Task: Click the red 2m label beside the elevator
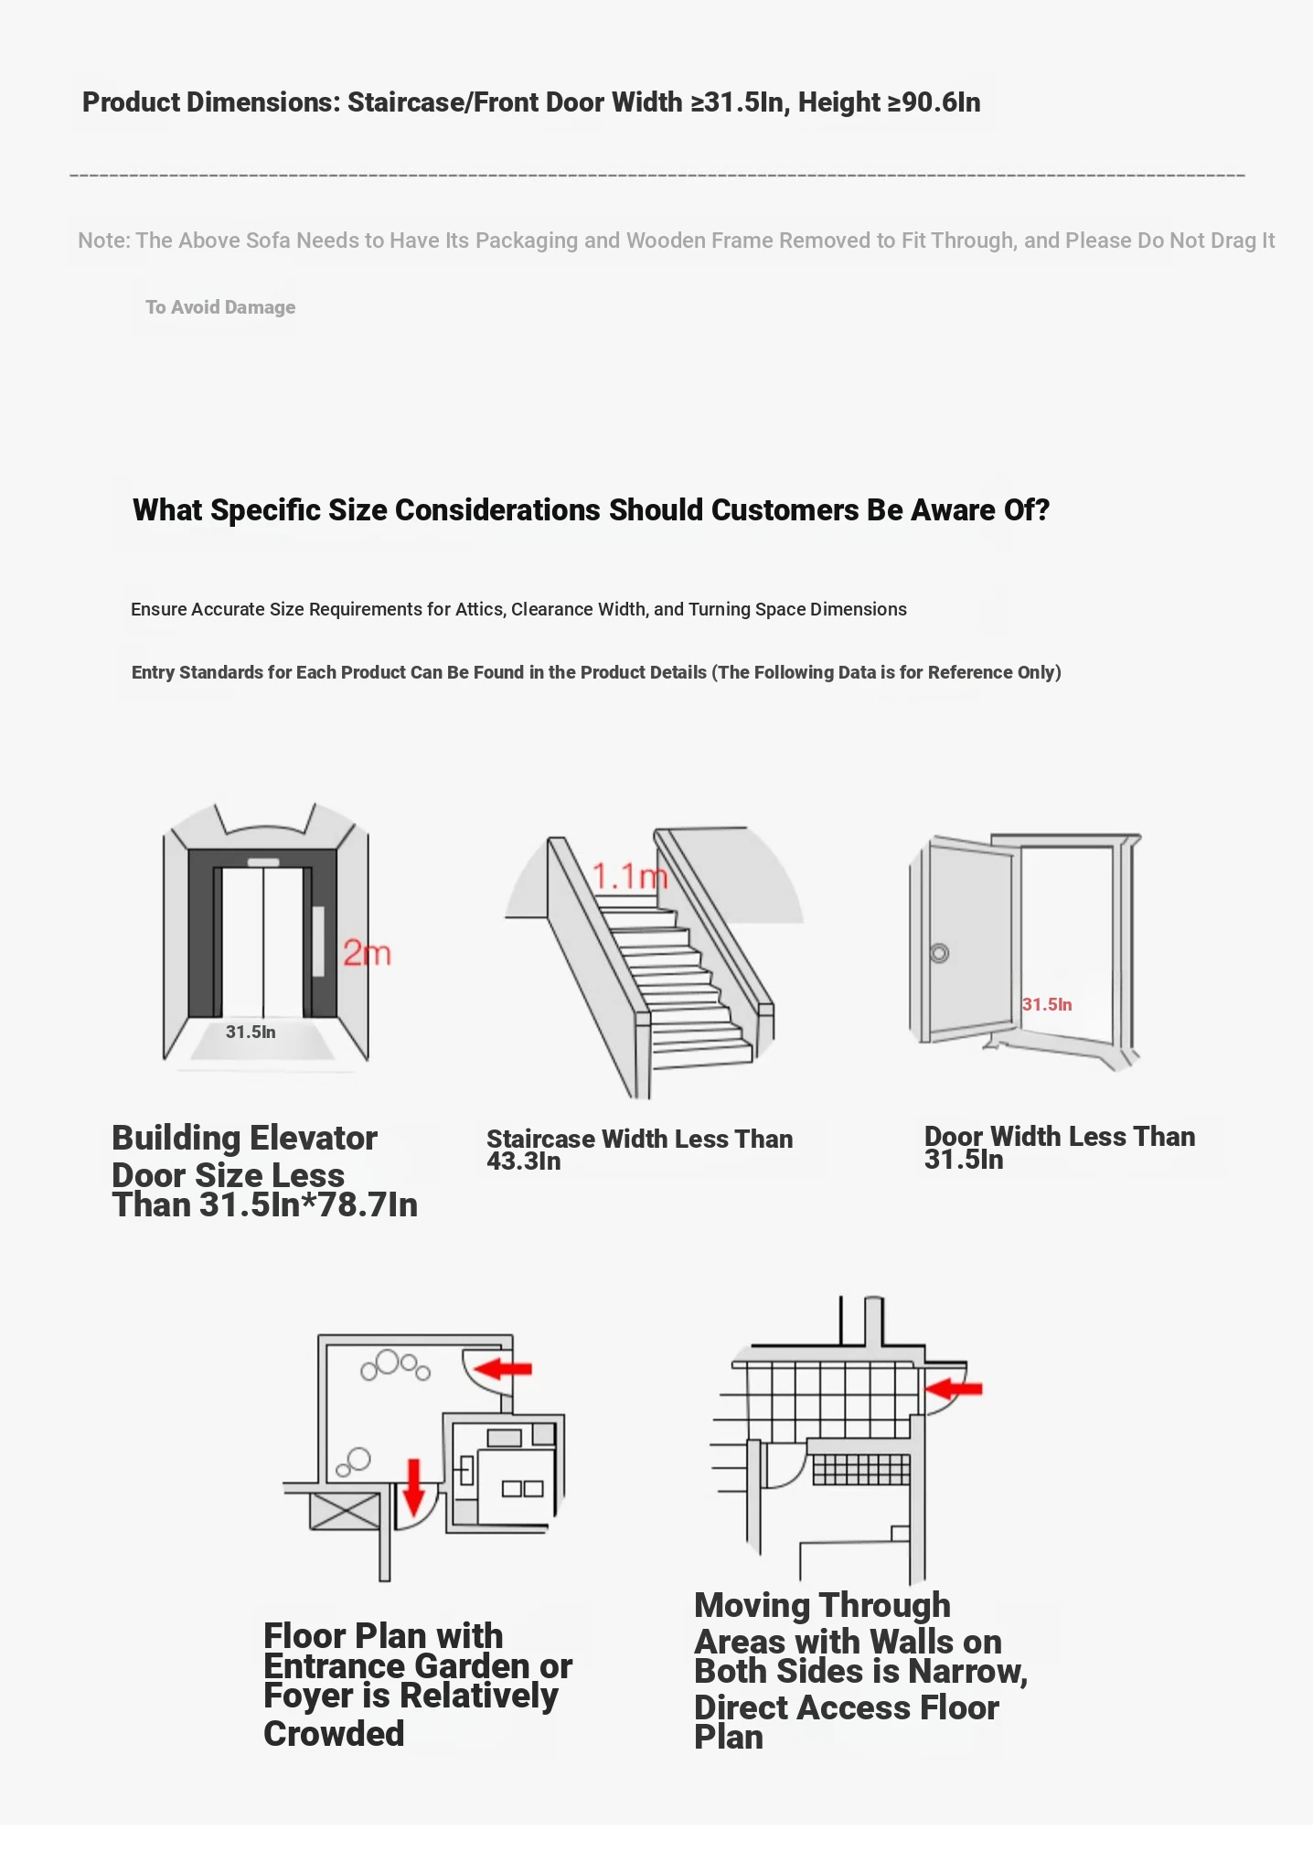[x=367, y=954]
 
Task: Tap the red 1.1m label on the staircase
[x=629, y=877]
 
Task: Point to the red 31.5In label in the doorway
[x=1047, y=1004]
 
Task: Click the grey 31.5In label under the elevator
[x=251, y=1032]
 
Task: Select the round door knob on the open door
[x=939, y=953]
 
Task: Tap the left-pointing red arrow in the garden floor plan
[x=503, y=1368]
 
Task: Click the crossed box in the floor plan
[x=345, y=1511]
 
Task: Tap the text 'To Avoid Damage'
[x=220, y=307]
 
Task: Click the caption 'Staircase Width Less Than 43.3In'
[x=639, y=1150]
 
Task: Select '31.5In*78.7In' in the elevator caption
[x=309, y=1205]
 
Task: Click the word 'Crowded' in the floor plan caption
[x=334, y=1734]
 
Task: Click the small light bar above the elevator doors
[x=263, y=862]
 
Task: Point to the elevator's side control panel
[x=318, y=941]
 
